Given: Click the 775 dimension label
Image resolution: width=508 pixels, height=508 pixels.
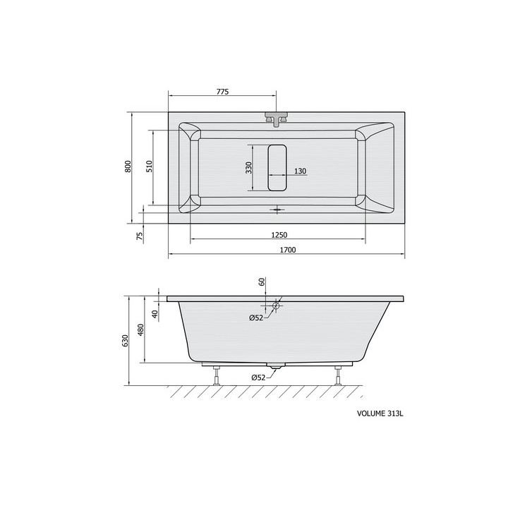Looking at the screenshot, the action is coord(222,92).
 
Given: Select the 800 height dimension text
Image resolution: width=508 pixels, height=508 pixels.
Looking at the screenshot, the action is coord(128,167).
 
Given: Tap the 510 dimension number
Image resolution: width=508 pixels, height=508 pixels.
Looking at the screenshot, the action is coord(149,167).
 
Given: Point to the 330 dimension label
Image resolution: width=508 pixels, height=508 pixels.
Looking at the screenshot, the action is coord(248,167).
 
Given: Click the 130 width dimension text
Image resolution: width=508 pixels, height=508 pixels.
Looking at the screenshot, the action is coord(300,171).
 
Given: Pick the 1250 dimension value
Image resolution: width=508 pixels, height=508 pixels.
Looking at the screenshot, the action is coord(279,234).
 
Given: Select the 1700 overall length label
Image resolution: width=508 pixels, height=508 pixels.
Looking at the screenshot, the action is coord(288,250).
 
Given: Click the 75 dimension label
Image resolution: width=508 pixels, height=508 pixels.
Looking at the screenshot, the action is coord(140,236).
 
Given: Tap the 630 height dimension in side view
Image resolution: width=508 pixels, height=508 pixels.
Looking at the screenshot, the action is coord(126,341).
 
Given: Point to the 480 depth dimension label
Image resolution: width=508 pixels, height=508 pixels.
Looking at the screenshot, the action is coord(140,329).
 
